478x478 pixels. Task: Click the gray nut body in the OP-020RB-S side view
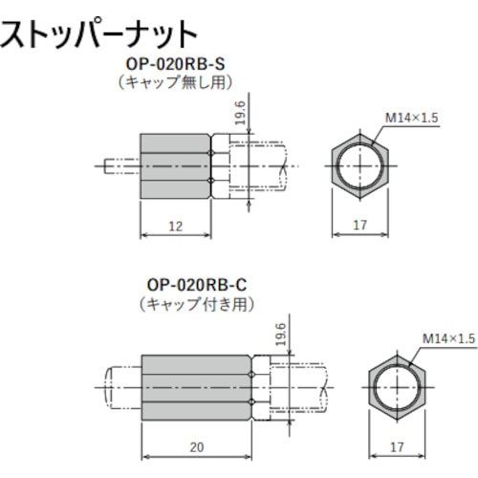[176, 164]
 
